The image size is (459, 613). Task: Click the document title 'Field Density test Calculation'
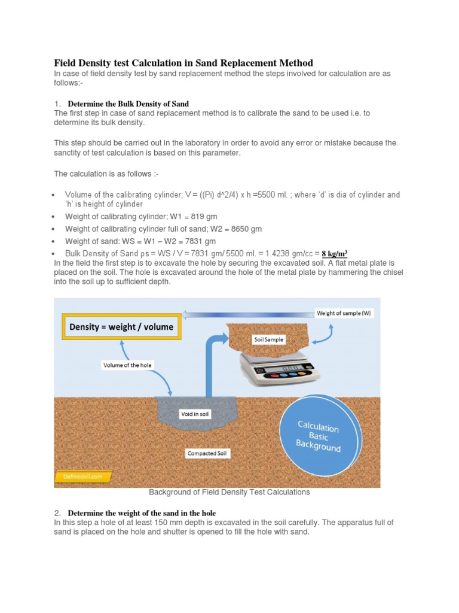pyautogui.click(x=183, y=63)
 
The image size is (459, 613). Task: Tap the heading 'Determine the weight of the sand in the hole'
pyautogui.click(x=142, y=513)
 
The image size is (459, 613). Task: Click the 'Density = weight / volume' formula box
pyautogui.click(x=121, y=327)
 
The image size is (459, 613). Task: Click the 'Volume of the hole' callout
pyautogui.click(x=127, y=365)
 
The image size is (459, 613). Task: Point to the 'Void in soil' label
pyautogui.click(x=195, y=414)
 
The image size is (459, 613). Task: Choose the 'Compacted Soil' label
pyautogui.click(x=207, y=453)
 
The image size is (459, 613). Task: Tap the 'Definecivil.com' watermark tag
pyautogui.click(x=79, y=477)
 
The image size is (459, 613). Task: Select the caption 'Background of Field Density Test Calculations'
pyautogui.click(x=229, y=492)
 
